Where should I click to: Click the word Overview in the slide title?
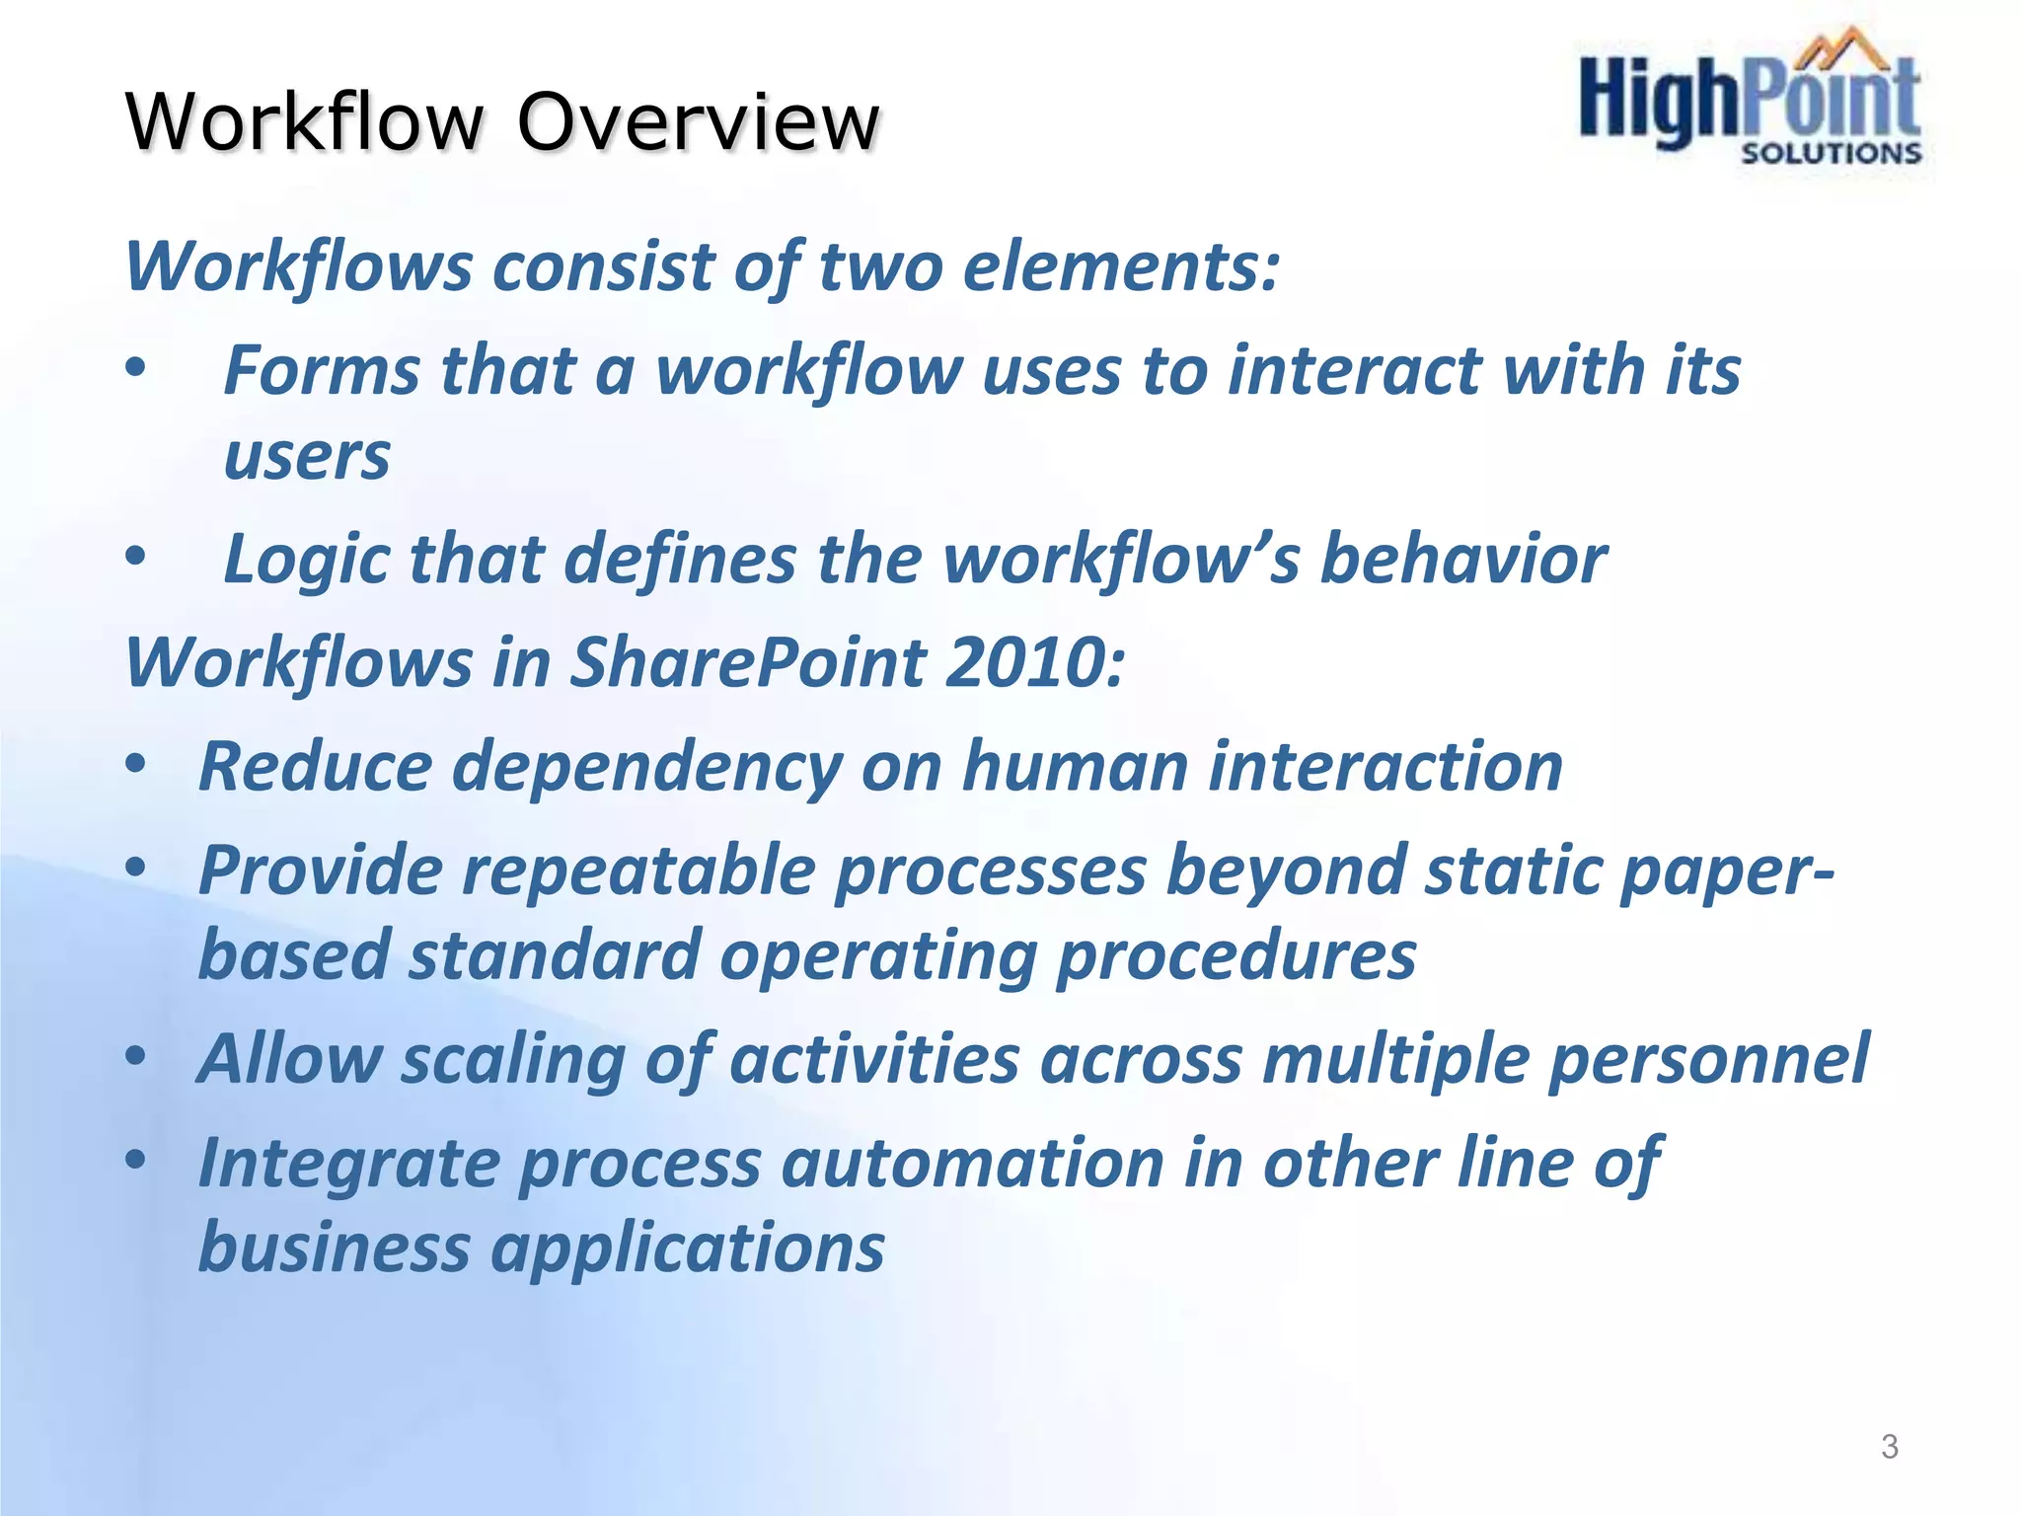pyautogui.click(x=698, y=121)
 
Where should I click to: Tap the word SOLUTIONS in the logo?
pyautogui.click(x=1831, y=154)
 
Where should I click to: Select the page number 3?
pyautogui.click(x=1889, y=1446)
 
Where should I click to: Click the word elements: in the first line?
pyautogui.click(x=1121, y=266)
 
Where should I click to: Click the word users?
pyautogui.click(x=307, y=457)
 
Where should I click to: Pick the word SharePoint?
pyautogui.click(x=747, y=662)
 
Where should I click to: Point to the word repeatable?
pyautogui.click(x=638, y=872)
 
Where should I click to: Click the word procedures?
pyautogui.click(x=1236, y=955)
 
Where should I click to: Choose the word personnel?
pyautogui.click(x=1708, y=1059)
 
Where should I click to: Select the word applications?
pyautogui.click(x=688, y=1249)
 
